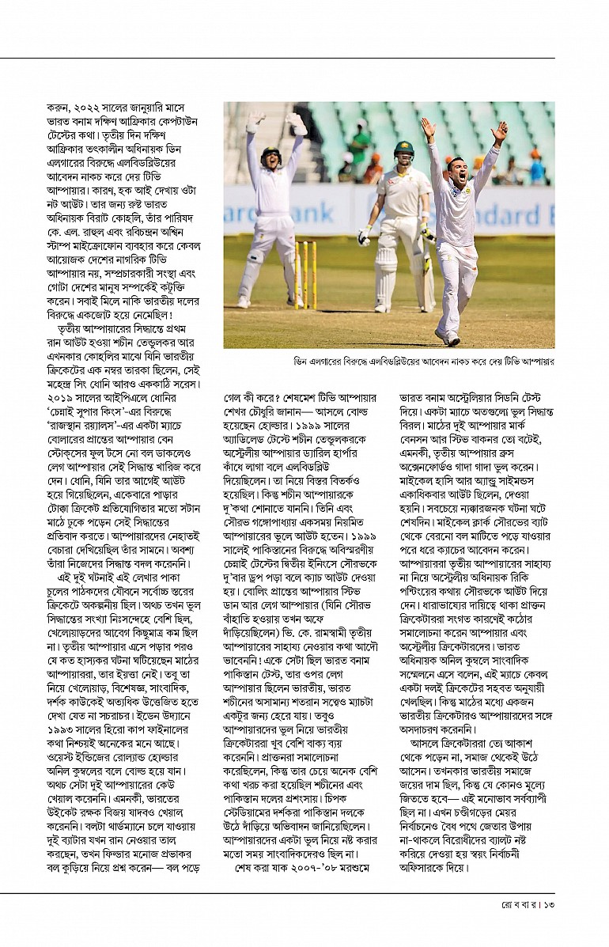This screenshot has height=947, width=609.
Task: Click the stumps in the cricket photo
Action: coord(304,273)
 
